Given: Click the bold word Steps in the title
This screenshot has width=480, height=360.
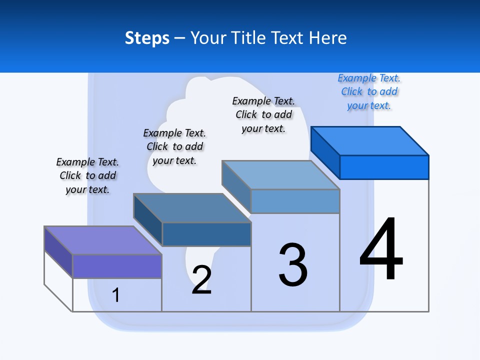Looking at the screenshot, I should (147, 38).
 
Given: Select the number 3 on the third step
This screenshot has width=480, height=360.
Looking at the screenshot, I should (293, 265).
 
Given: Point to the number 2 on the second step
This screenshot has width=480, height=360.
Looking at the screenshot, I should (201, 280).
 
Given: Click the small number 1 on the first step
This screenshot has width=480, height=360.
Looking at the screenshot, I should (116, 295).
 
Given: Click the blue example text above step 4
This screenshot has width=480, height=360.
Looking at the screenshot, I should (369, 92).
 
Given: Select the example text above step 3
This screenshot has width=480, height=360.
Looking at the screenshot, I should (263, 114).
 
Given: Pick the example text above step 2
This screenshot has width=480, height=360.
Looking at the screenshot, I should (174, 146).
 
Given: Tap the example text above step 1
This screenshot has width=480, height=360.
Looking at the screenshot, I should (87, 175).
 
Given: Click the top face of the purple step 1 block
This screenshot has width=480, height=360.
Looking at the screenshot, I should (103, 240).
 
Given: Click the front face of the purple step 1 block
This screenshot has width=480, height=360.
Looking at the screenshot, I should (117, 266).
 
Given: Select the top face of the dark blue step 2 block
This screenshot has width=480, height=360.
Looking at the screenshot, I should (192, 207).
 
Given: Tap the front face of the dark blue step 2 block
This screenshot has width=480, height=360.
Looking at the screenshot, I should (206, 234).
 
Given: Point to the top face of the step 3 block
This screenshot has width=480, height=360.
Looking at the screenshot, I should (281, 174).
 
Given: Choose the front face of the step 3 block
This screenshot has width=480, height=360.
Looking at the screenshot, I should (295, 201).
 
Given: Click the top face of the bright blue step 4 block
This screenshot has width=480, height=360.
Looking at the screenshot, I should (370, 140).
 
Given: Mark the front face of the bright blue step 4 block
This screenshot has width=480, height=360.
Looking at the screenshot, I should (384, 167).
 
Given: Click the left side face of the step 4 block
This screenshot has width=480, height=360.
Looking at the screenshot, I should (325, 152).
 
